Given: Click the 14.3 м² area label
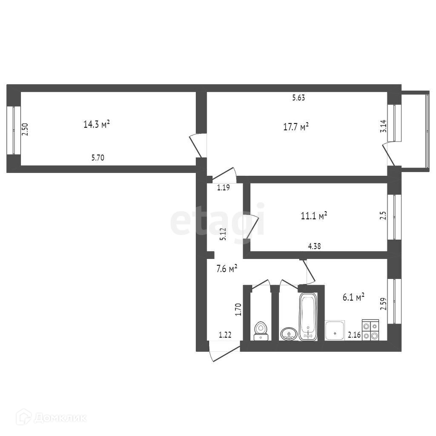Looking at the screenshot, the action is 97,124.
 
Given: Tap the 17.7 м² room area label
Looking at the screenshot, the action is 295,126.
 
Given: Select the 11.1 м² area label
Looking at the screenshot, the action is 314,216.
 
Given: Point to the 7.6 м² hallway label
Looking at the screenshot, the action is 227,269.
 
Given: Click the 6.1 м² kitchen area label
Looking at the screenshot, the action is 354,297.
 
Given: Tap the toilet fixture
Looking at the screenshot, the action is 261,331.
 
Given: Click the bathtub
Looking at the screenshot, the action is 307,316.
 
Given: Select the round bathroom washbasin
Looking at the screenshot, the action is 289,334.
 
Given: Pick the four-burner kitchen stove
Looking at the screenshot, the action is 370,330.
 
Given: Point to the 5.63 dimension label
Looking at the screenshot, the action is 298,98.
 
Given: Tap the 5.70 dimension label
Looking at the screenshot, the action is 98,158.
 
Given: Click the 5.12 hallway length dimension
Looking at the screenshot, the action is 222,235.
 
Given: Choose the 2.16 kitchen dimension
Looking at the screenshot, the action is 354,336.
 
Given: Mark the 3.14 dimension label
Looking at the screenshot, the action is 383,126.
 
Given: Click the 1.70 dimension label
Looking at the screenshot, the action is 238,309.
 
